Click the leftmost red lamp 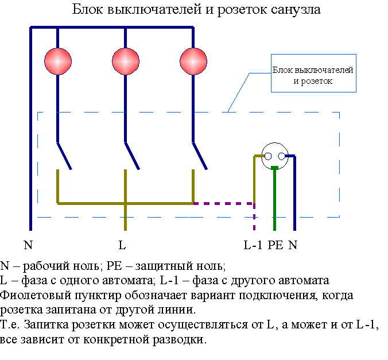pyautogui.click(x=58, y=61)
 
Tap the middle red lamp pyautogui.click(x=126, y=61)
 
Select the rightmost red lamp pyautogui.click(x=193, y=61)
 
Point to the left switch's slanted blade pyautogui.click(x=64, y=156)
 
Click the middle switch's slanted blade pyautogui.click(x=133, y=156)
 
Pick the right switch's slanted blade pyautogui.click(x=200, y=156)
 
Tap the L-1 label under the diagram pyautogui.click(x=253, y=245)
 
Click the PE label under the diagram pyautogui.click(x=276, y=245)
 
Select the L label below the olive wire pyautogui.click(x=122, y=245)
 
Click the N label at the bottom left pyautogui.click(x=28, y=245)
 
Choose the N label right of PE pyautogui.click(x=293, y=245)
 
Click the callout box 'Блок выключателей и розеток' pyautogui.click(x=313, y=73)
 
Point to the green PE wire pyautogui.click(x=275, y=199)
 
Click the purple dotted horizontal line pyautogui.click(x=224, y=203)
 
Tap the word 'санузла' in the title pyautogui.click(x=296, y=9)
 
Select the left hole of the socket pyautogui.click(x=268, y=156)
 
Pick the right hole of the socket pyautogui.click(x=281, y=156)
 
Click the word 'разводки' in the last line pyautogui.click(x=179, y=339)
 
